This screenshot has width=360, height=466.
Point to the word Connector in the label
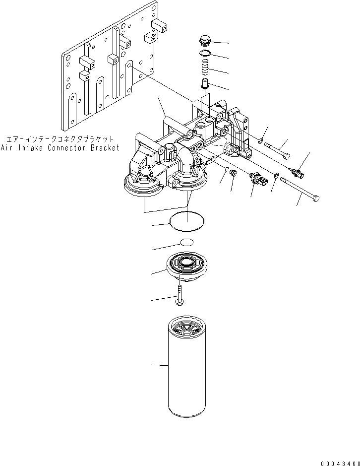[x=62, y=148]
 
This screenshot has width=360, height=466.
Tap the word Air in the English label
[x=7, y=148]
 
